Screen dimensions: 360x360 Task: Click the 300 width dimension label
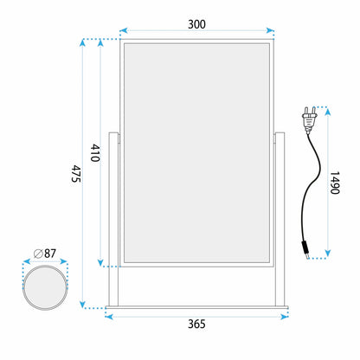196,24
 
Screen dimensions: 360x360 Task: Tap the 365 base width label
196,324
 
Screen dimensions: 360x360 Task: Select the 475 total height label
76,174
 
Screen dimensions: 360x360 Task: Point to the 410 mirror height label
95,153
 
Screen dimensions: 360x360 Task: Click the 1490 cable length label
335,183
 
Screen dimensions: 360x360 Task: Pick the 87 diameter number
50,254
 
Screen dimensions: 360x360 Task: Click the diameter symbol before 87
38,254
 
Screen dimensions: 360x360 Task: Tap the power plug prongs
310,111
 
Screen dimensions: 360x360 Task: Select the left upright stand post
113,219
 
